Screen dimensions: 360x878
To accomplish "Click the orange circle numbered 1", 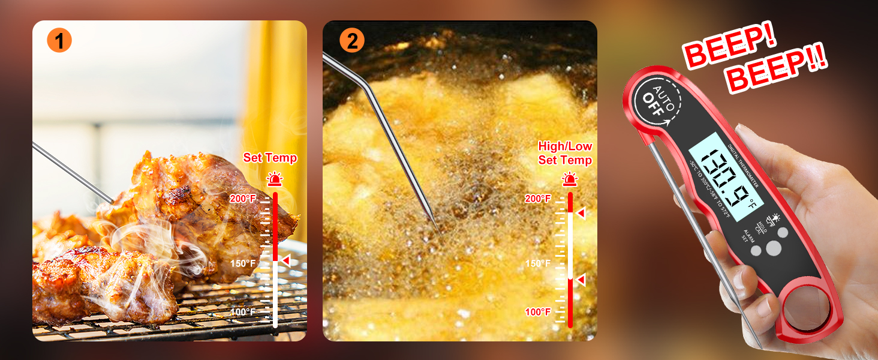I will click(59, 41).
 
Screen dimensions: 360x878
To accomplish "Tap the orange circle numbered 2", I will click(351, 41).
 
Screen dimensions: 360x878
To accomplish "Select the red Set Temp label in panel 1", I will click(270, 158).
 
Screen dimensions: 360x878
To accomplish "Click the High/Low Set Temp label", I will click(565, 153).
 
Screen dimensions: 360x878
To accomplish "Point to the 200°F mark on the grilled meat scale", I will click(245, 198).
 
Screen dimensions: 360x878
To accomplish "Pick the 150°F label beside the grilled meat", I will click(243, 263).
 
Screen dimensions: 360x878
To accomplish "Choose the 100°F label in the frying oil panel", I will click(538, 312).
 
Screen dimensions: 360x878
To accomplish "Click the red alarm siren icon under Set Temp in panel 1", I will click(275, 179).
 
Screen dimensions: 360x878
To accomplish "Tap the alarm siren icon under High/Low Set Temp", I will click(570, 179).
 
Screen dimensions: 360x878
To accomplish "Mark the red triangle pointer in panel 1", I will click(286, 260).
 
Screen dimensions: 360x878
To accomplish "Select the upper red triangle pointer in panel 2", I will click(580, 213).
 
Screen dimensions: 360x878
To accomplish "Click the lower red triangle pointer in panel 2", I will click(580, 280).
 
